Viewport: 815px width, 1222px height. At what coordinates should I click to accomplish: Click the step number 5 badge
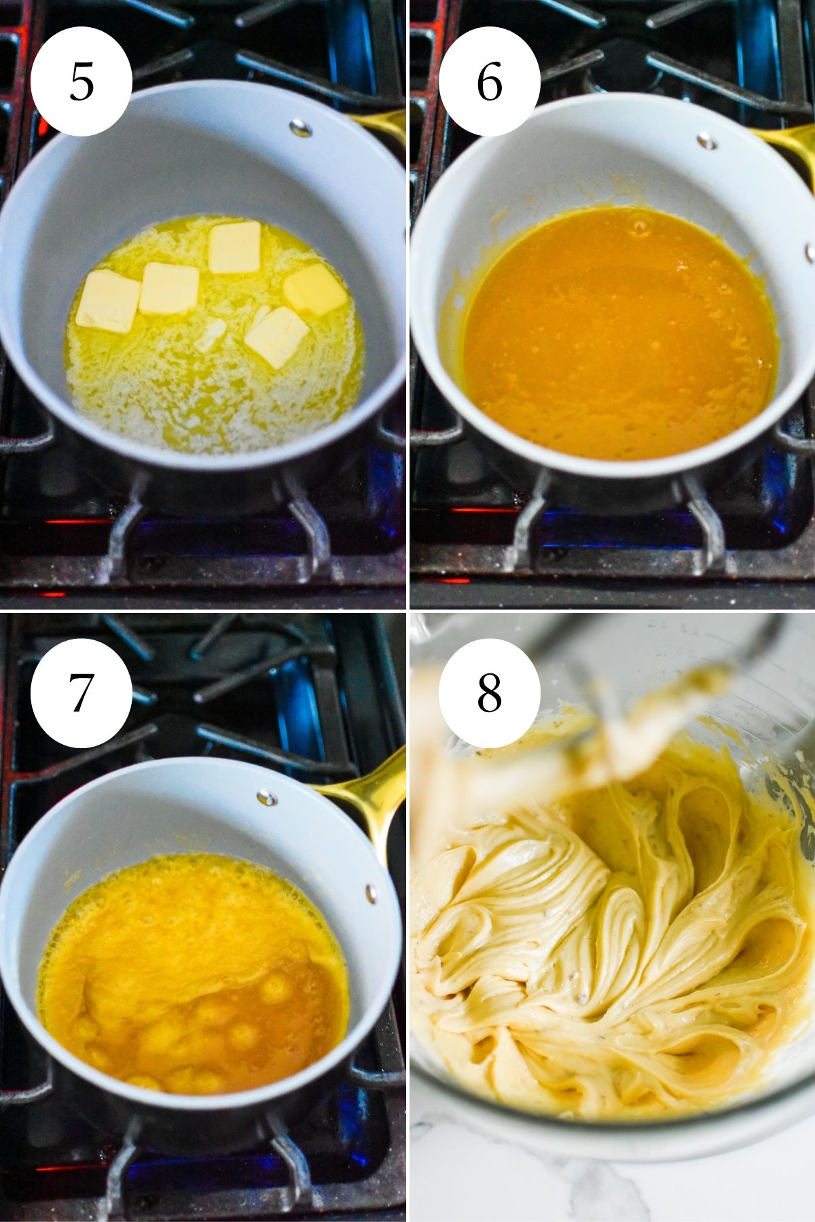point(81,81)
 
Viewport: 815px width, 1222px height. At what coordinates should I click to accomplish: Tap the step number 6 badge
point(489,81)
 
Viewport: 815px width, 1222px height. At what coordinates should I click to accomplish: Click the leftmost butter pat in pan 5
point(107,301)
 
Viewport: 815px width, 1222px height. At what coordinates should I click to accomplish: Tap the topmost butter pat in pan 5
point(234,246)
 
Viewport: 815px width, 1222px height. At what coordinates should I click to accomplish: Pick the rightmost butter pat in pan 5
point(314,289)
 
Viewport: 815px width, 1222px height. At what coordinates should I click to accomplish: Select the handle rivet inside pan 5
point(300,127)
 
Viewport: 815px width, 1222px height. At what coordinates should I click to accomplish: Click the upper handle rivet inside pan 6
point(706,141)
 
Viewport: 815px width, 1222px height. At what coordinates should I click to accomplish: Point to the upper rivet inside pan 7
point(266,798)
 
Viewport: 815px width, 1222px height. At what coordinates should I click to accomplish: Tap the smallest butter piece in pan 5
point(210,335)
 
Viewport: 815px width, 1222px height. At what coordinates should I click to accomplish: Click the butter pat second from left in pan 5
point(169,289)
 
